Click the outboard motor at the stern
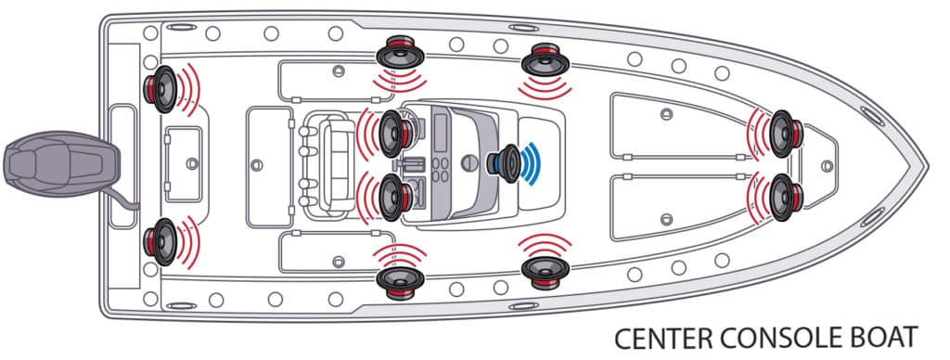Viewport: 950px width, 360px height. (60, 163)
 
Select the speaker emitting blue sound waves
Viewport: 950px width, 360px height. (504, 163)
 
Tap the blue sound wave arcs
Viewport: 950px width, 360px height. (532, 163)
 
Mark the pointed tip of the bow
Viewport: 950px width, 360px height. (928, 165)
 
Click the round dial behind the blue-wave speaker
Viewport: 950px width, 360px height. (469, 162)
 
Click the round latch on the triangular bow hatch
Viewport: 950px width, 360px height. (827, 165)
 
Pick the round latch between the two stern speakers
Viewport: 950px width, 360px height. (192, 163)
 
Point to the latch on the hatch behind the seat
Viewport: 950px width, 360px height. (257, 165)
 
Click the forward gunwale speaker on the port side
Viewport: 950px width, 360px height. (546, 58)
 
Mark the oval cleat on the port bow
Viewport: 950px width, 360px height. (872, 116)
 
